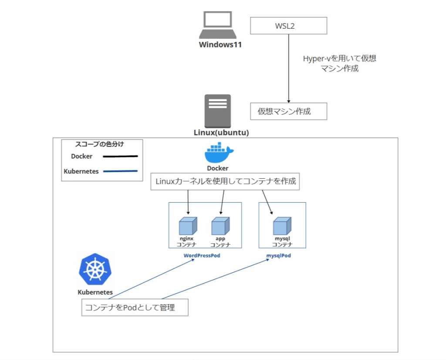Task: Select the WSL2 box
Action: click(x=288, y=26)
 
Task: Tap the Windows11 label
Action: click(x=220, y=44)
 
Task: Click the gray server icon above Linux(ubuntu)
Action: click(x=218, y=111)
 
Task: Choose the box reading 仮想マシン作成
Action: click(x=288, y=111)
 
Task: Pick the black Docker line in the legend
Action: click(x=120, y=156)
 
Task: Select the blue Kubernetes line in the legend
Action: click(x=120, y=171)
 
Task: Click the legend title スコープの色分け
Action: click(x=102, y=144)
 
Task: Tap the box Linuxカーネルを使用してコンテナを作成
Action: click(x=226, y=182)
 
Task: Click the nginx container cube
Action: click(x=188, y=226)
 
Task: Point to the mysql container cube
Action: click(x=282, y=226)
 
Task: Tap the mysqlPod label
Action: click(x=279, y=256)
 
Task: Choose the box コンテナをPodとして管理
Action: click(x=135, y=308)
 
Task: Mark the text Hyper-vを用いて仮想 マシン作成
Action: click(x=339, y=64)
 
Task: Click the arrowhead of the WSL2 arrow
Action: click(x=288, y=101)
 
